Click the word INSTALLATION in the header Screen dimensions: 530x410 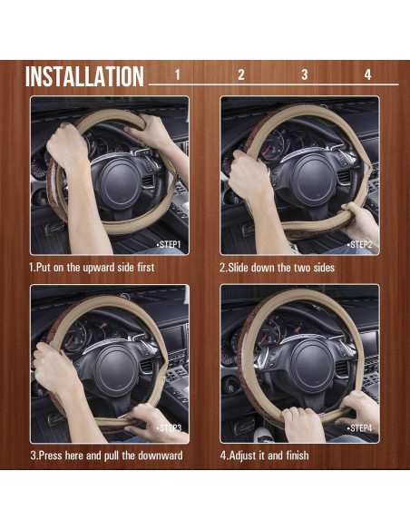click(x=84, y=76)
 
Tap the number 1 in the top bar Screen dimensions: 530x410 click(x=178, y=74)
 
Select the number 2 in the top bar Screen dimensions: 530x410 click(x=241, y=74)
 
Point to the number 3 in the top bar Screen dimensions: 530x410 click(x=305, y=74)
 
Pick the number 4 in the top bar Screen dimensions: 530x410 click(x=368, y=74)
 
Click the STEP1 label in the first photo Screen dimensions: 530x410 click(x=170, y=245)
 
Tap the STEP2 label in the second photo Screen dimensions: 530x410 click(x=360, y=245)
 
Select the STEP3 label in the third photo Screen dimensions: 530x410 click(x=170, y=427)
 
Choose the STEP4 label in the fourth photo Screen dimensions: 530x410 click(x=360, y=427)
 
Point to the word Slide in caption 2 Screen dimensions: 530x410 click(x=241, y=269)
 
